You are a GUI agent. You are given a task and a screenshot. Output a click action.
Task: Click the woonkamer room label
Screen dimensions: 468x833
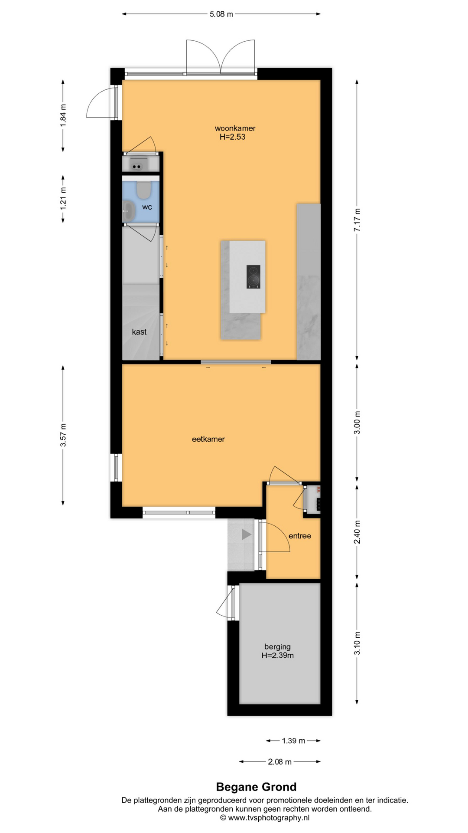(x=235, y=128)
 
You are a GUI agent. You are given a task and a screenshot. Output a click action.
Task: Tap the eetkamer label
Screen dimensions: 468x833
(x=208, y=439)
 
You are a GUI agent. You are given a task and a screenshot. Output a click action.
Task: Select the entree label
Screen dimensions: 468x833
(x=300, y=536)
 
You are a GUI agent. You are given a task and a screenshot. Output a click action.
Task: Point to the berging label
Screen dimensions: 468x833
(x=277, y=647)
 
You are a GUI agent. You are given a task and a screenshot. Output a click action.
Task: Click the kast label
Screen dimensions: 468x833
(x=139, y=332)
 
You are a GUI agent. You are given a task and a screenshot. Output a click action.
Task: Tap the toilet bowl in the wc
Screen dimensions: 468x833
(x=143, y=189)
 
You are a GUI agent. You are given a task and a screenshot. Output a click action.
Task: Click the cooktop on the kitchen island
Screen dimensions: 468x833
(x=253, y=277)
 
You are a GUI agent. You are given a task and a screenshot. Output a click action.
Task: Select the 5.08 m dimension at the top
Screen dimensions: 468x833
(x=221, y=14)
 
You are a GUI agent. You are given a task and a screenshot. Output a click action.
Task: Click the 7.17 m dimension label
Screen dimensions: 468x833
(x=357, y=220)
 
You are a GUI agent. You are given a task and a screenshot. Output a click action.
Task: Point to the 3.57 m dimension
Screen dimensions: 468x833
(x=63, y=435)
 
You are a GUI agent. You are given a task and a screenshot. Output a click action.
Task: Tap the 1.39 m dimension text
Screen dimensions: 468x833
(x=293, y=741)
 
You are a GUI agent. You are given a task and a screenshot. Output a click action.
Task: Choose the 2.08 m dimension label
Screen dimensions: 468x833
(x=279, y=761)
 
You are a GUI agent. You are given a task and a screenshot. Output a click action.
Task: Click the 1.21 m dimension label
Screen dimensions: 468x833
(x=63, y=199)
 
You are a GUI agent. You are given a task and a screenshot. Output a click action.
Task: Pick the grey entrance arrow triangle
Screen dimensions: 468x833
(x=247, y=535)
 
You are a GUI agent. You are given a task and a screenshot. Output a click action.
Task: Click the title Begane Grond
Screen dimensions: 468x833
(x=257, y=787)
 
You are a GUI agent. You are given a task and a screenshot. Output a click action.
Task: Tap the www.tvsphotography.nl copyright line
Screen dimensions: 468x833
(x=265, y=818)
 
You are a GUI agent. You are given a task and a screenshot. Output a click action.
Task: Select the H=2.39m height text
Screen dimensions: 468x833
(x=277, y=656)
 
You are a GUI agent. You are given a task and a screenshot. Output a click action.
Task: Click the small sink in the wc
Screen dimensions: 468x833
(x=128, y=211)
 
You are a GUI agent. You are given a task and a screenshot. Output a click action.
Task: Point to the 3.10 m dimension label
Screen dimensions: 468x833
(x=357, y=643)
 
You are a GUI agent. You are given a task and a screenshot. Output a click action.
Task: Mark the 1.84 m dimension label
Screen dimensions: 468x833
(x=63, y=116)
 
